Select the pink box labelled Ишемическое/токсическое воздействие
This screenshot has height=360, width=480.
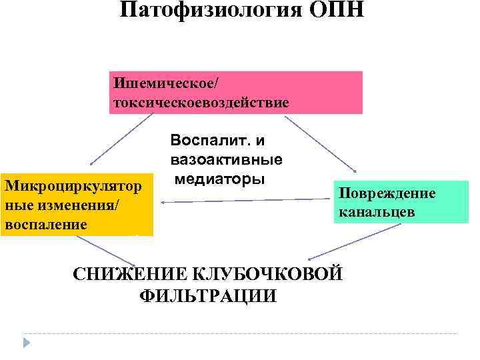[236, 93]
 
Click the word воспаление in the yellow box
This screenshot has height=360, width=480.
[45, 224]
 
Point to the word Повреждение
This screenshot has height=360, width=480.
[387, 193]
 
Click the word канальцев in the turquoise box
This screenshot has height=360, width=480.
[377, 213]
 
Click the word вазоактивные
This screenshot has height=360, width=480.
[227, 160]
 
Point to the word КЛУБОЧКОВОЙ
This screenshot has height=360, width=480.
[267, 274]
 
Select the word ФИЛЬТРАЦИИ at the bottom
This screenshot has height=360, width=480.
[209, 296]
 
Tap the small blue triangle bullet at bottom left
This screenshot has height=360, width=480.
[27, 343]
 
